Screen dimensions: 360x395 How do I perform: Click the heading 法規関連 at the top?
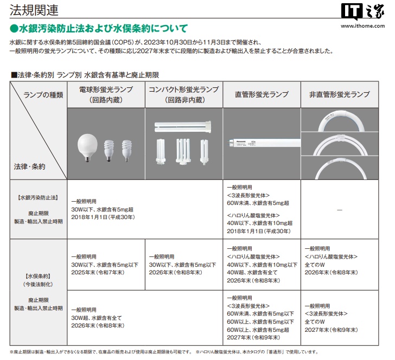click(34, 10)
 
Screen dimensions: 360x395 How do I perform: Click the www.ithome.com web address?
click(360, 24)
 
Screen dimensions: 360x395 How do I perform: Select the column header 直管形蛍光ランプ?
click(262, 94)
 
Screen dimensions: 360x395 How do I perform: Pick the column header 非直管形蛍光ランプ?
click(339, 94)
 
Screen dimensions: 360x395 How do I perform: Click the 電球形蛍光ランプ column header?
click(106, 94)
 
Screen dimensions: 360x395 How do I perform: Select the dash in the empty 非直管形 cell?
click(339, 209)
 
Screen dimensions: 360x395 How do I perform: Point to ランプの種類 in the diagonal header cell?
click(43, 94)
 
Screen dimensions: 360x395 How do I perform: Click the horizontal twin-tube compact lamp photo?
click(184, 126)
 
